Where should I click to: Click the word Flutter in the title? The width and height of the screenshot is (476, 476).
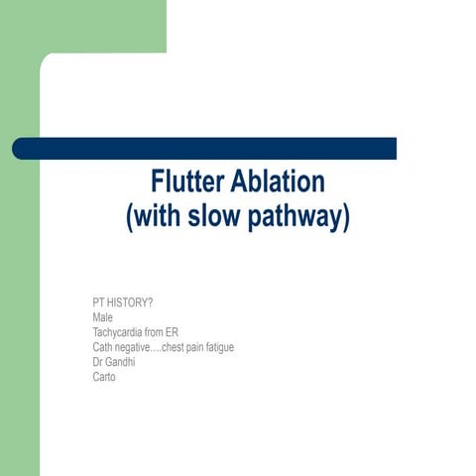pos(187,182)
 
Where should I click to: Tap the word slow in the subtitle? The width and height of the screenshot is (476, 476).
pos(218,217)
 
